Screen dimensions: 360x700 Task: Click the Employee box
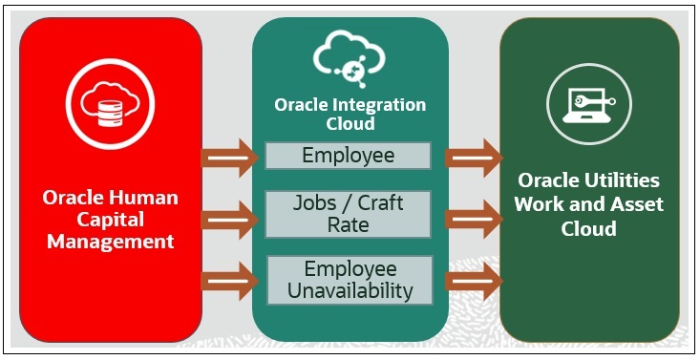[348, 155]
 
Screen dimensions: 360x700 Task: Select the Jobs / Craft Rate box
[348, 214]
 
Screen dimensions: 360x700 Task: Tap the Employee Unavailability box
[349, 279]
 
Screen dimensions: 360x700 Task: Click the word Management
[110, 242]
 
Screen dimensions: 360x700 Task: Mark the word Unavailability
[349, 290]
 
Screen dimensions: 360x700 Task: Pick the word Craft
[378, 203]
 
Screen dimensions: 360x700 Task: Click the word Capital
[110, 220]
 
